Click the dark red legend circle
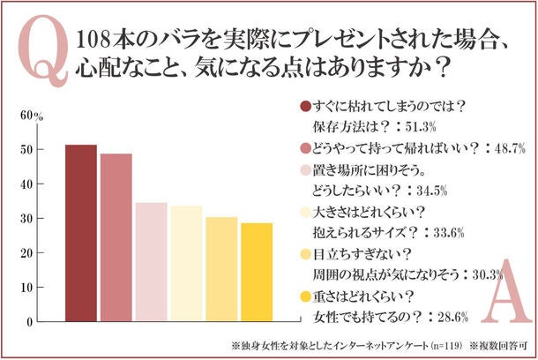point(305,106)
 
